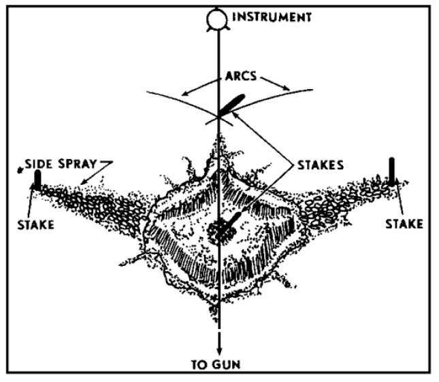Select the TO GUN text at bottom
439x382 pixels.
tap(220, 363)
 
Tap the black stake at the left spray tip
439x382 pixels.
tap(37, 178)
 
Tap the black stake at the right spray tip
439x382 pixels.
tap(392, 171)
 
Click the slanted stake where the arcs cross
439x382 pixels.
tap(231, 106)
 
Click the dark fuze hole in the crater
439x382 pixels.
tap(221, 230)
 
